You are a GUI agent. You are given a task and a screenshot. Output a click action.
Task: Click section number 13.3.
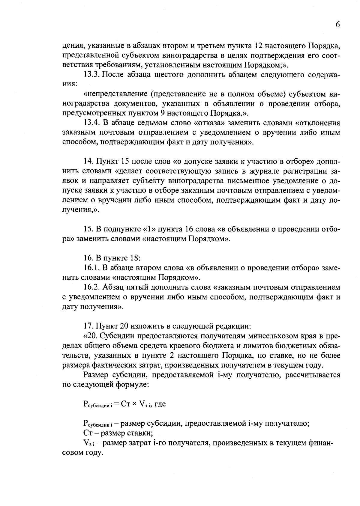92,75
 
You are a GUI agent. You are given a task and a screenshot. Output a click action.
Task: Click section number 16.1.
92,268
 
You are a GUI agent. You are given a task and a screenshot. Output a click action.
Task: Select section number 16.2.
92,287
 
